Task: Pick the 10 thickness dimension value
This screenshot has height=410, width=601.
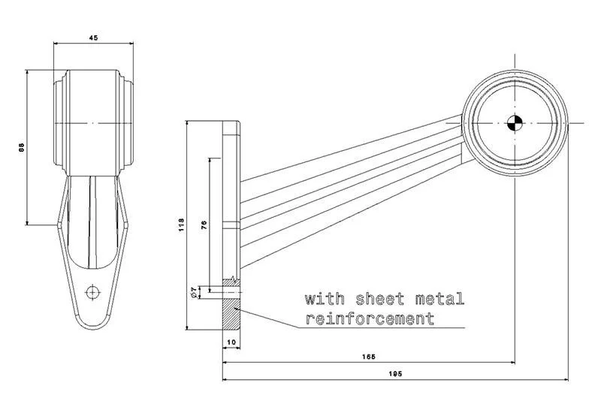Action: (231, 342)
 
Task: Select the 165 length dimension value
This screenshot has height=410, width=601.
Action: (367, 356)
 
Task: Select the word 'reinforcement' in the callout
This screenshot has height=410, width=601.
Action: (370, 318)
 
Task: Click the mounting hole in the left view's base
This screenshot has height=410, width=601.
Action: (92, 291)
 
